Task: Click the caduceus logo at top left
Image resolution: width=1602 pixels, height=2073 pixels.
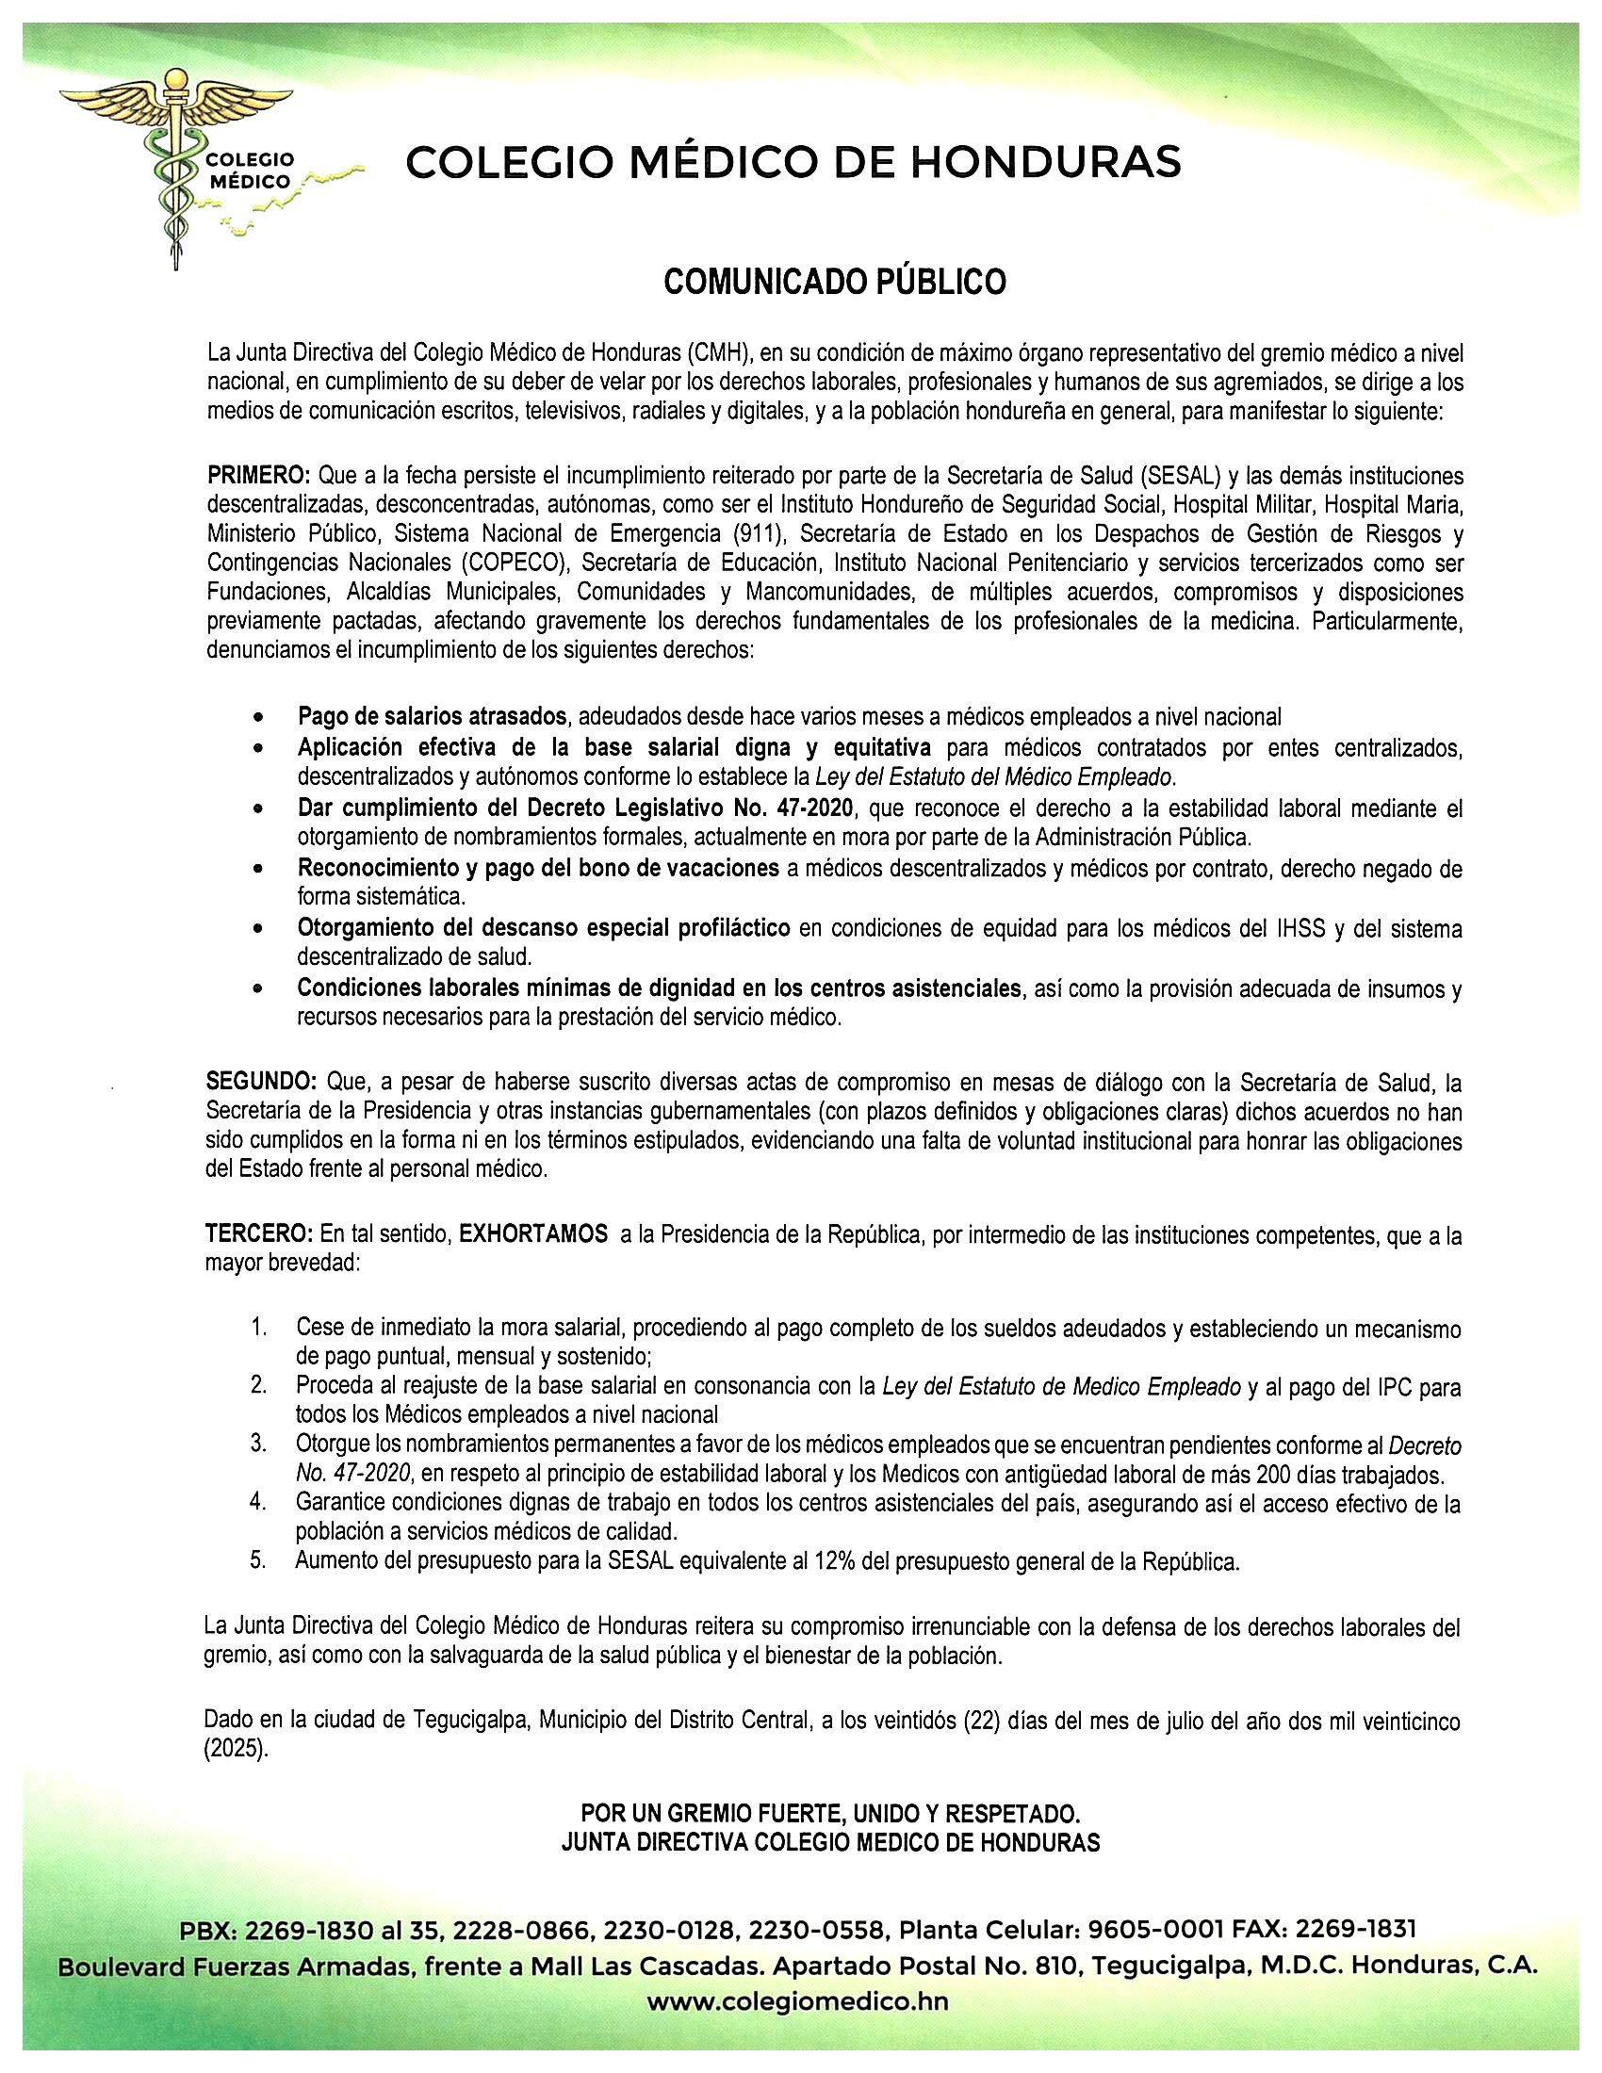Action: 176,171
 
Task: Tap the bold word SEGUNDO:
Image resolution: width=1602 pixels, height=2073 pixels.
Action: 261,1081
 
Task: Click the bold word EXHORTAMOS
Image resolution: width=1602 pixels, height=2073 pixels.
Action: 533,1235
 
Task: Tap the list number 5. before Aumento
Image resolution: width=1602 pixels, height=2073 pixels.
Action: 258,1559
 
